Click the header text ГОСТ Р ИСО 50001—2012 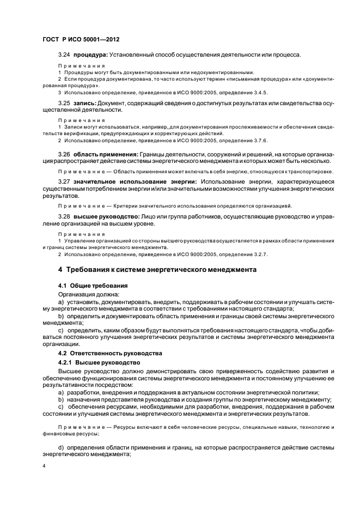click(81, 40)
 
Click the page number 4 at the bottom click(44, 466)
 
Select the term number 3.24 click(64, 54)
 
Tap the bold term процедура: click(90, 54)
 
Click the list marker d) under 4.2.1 click(60, 447)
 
